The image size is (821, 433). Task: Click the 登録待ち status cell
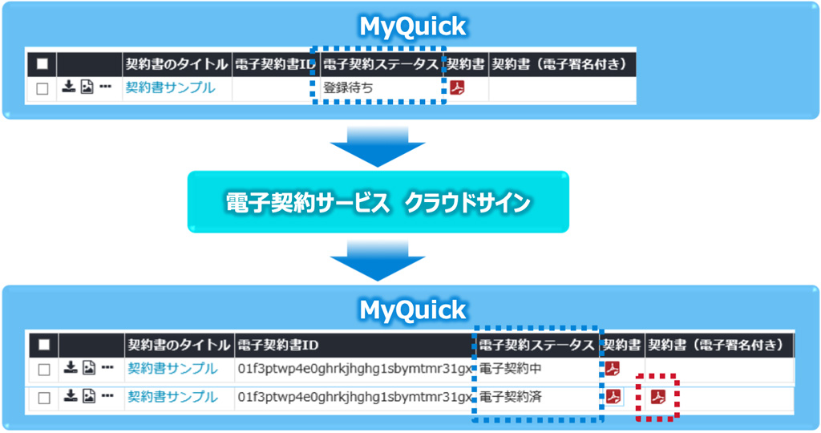coord(348,88)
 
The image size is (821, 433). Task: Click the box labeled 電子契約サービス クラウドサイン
coord(378,202)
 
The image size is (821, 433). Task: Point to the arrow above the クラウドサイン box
coord(378,147)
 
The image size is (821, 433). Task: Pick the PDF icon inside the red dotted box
coord(658,397)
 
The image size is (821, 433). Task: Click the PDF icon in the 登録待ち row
coord(457,88)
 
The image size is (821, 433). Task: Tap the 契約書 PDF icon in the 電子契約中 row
coord(613,369)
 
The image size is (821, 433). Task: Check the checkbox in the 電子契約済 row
coord(45,398)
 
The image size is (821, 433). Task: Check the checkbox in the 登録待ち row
coord(42,89)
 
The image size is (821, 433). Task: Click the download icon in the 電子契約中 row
coord(71,368)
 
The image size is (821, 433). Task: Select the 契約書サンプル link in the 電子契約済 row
coord(172,397)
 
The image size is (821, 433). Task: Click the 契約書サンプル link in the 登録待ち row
coord(170,88)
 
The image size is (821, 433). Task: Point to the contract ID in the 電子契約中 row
coord(354,369)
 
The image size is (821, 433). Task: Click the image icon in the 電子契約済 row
coord(89,396)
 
